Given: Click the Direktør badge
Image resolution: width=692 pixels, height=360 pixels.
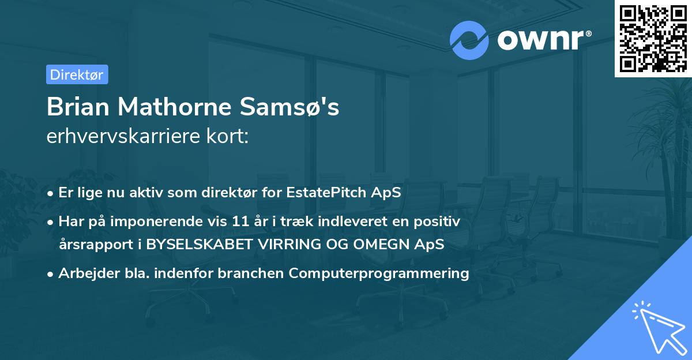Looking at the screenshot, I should click(77, 74).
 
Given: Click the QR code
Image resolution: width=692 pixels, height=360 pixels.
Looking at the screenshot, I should click(653, 38).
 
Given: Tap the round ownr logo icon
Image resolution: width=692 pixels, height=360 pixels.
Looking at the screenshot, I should click(469, 40).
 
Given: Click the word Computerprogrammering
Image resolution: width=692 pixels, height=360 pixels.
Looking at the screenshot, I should click(379, 273).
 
